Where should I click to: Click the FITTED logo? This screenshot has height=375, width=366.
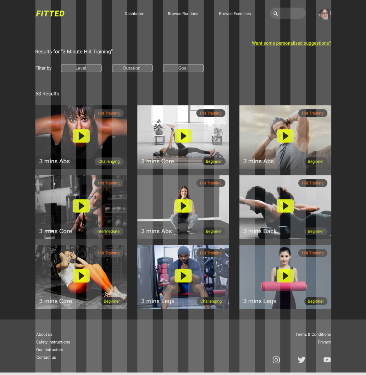tap(50, 14)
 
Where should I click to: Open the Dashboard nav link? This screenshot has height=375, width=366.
tap(135, 14)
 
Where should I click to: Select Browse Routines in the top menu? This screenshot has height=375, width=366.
tap(183, 14)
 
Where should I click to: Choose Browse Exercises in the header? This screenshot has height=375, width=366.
tap(235, 14)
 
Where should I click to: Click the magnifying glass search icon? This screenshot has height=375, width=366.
tap(275, 14)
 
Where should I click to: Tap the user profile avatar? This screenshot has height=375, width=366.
tap(324, 14)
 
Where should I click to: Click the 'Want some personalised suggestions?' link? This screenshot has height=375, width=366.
tap(291, 43)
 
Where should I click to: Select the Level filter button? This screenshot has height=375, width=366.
tap(81, 68)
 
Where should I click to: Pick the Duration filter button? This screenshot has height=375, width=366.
tap(132, 68)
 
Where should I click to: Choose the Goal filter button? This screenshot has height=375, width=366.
tap(183, 68)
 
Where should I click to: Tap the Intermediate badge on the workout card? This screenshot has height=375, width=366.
tap(108, 231)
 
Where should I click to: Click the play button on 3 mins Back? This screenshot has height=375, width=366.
tap(285, 206)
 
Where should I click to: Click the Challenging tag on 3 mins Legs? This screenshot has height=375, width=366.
tap(211, 301)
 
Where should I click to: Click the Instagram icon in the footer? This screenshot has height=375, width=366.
tap(276, 360)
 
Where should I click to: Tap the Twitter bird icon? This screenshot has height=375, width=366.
tap(302, 360)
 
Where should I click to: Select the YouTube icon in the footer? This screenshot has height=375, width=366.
tap(327, 360)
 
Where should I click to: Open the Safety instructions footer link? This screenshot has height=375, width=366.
tap(53, 342)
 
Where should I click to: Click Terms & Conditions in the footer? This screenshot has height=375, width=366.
tap(313, 334)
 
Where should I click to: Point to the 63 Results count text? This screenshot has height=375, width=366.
tap(47, 94)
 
